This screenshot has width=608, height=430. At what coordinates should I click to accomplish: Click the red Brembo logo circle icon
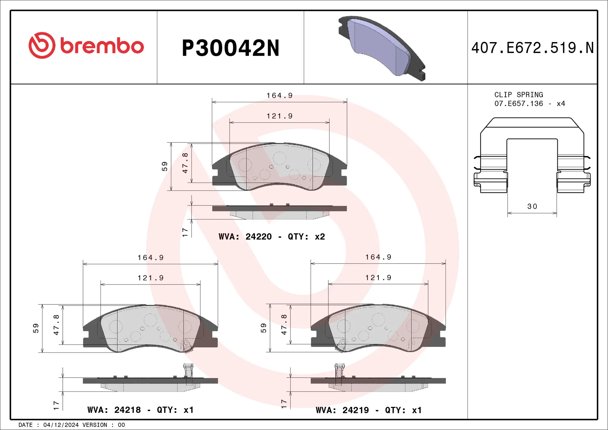click(42, 45)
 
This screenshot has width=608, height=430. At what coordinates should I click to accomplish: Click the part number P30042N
click(231, 48)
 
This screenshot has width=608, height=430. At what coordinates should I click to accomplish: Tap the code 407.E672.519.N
click(532, 48)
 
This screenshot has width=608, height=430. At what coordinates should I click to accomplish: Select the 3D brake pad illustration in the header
click(382, 48)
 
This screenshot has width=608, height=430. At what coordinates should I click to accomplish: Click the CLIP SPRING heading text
click(518, 95)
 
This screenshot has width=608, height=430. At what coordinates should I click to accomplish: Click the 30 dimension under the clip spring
click(532, 206)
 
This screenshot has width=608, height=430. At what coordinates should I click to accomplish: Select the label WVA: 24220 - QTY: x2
click(272, 237)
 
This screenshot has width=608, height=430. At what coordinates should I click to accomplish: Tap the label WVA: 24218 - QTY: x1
click(140, 410)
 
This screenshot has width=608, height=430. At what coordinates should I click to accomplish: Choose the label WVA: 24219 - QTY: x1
click(369, 410)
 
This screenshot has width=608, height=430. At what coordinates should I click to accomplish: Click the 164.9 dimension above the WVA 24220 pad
click(279, 96)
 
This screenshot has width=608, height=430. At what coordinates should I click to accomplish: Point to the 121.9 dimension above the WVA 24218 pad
click(150, 278)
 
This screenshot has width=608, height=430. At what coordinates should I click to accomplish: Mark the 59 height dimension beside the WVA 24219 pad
click(263, 328)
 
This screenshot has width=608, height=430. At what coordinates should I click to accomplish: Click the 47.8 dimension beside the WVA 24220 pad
click(185, 163)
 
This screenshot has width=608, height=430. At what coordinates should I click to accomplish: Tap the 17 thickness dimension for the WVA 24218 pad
click(56, 405)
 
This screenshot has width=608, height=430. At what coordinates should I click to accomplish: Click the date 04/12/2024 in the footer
click(61, 425)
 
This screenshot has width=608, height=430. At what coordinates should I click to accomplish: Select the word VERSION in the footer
click(95, 425)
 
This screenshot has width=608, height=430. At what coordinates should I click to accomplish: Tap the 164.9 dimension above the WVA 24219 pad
click(378, 257)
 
